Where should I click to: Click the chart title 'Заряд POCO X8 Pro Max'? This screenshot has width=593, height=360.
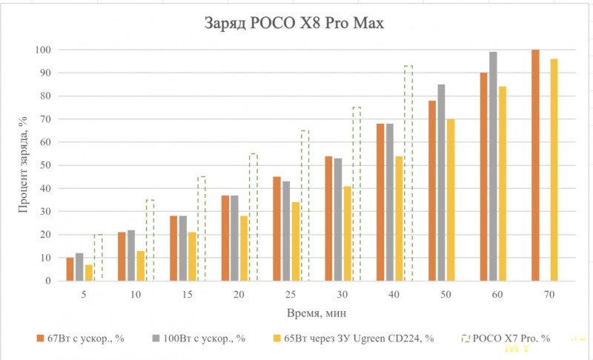point(294,23)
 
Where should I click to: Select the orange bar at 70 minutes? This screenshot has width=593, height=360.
point(535,165)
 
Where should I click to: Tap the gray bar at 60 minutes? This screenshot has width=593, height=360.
point(493,167)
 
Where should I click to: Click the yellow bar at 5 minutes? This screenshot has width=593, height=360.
point(89,273)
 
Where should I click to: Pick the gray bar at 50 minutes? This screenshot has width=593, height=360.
point(441,183)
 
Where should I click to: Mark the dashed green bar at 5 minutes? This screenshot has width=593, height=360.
point(98,258)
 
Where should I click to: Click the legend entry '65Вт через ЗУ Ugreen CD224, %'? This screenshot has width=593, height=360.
point(345,339)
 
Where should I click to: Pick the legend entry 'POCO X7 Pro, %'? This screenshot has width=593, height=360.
point(511,339)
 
